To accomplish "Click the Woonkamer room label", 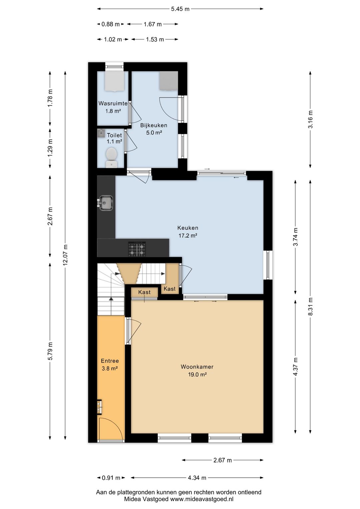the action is pyautogui.click(x=197, y=367).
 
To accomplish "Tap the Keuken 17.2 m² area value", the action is pyautogui.click(x=188, y=235).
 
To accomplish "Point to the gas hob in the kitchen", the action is pyautogui.click(x=137, y=249).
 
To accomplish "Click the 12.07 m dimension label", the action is pyautogui.click(x=65, y=255).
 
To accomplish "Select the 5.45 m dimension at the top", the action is pyautogui.click(x=180, y=9).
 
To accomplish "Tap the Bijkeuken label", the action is pyautogui.click(x=154, y=125).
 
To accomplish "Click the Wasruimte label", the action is pyautogui.click(x=113, y=104).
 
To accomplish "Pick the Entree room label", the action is pyautogui.click(x=110, y=361).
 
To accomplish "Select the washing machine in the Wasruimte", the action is pyautogui.click(x=115, y=81).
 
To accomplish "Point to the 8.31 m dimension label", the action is pyautogui.click(x=310, y=306).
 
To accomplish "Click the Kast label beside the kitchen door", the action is pyautogui.click(x=169, y=289).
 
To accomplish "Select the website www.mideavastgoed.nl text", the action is pyautogui.click(x=202, y=499).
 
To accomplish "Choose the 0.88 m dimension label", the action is pyautogui.click(x=110, y=24).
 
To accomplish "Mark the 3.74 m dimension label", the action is pyautogui.click(x=295, y=237).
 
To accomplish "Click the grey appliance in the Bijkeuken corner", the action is pyautogui.click(x=168, y=81).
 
